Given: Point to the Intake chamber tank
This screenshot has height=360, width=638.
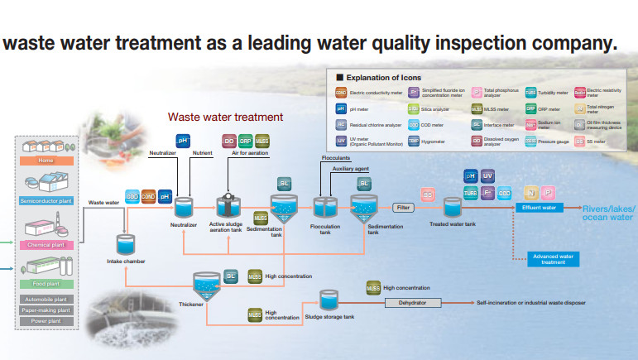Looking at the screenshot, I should pyautogui.click(x=127, y=243).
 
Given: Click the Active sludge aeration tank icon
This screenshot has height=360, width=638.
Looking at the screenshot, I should pyautogui.click(x=227, y=207).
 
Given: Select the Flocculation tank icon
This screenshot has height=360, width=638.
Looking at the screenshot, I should pyautogui.click(x=323, y=207).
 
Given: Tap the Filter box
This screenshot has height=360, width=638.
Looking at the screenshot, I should pyautogui.click(x=403, y=208).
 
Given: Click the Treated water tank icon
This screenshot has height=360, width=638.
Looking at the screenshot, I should pyautogui.click(x=452, y=207).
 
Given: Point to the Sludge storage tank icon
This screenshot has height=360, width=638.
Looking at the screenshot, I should pyautogui.click(x=329, y=300).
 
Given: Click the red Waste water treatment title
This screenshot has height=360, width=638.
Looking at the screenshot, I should pyautogui.click(x=225, y=118).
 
